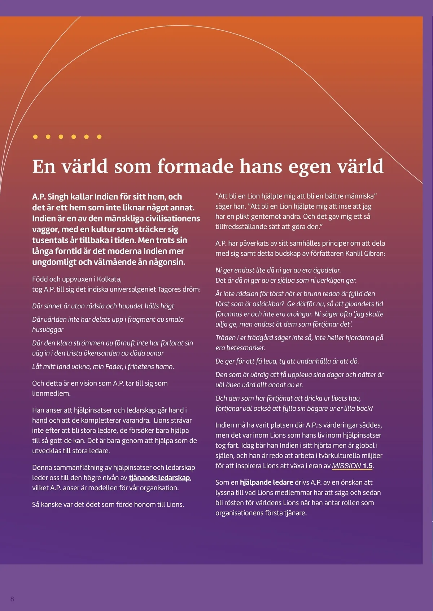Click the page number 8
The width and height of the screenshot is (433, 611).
click(x=12, y=599)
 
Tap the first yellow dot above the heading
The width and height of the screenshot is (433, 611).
click(x=35, y=137)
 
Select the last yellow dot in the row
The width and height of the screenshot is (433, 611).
click(x=99, y=137)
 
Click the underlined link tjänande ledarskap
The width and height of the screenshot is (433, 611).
click(x=159, y=478)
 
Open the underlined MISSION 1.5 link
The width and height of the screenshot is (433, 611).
click(x=352, y=465)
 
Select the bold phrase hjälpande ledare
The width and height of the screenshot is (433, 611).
click(x=266, y=482)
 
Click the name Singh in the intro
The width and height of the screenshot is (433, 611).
click(x=58, y=197)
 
